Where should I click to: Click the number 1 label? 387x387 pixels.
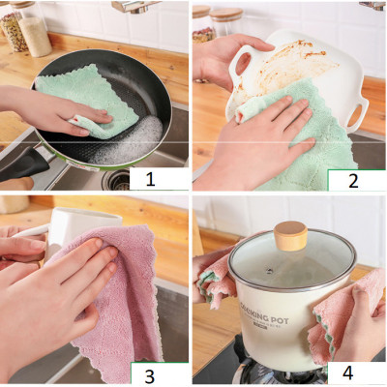(150, 177)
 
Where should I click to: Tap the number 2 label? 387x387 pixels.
(355, 179)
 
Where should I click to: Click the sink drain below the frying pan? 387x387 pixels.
(117, 180)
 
